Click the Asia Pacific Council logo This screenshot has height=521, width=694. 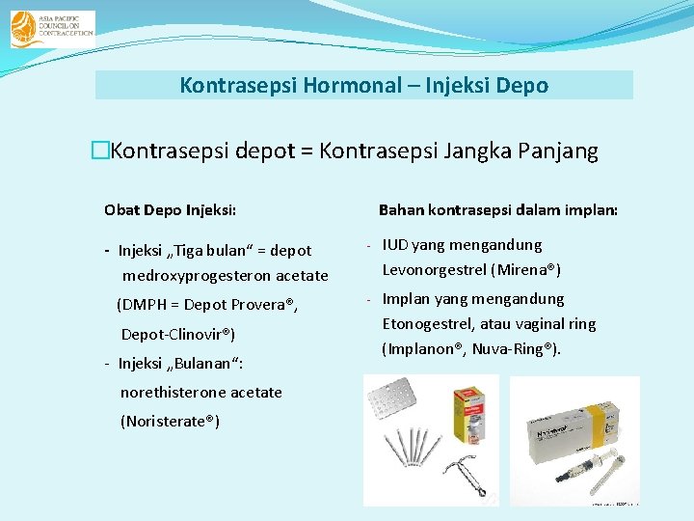pos(52,29)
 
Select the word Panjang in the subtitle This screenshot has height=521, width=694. pos(558,151)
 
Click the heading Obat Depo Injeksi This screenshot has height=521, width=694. pos(171,209)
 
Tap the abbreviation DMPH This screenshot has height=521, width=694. pos(143,305)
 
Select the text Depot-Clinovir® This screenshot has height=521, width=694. pos(177,335)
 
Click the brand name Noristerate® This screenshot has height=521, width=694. pos(170,422)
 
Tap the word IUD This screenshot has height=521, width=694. pos(396,245)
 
